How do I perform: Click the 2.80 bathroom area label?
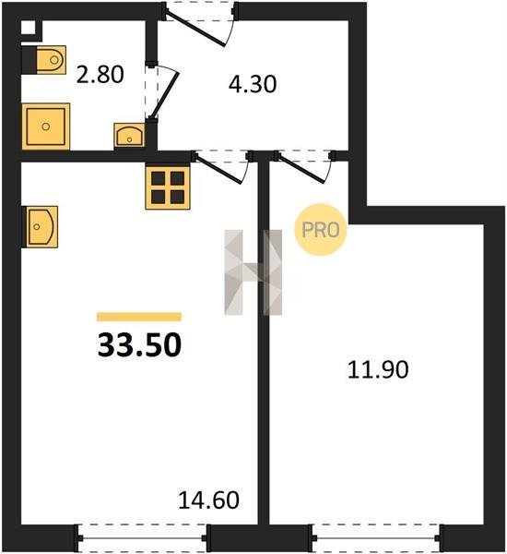(100, 75)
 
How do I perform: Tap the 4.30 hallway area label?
(253, 84)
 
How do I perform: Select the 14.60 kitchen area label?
(208, 500)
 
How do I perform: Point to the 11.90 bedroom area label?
(378, 370)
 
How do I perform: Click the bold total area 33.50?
(139, 345)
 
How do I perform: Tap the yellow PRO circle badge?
(321, 230)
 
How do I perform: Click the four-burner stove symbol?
(168, 187)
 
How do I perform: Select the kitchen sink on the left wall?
(40, 227)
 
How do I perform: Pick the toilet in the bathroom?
(44, 60)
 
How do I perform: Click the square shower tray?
(46, 126)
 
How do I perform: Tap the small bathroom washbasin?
(129, 136)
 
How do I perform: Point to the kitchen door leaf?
(218, 169)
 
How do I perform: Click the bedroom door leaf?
(301, 169)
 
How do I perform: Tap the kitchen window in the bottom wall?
(142, 538)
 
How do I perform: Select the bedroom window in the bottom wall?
(376, 538)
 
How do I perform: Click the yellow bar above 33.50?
(139, 317)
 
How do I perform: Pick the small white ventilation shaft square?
(29, 28)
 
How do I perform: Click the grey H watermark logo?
(253, 272)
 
